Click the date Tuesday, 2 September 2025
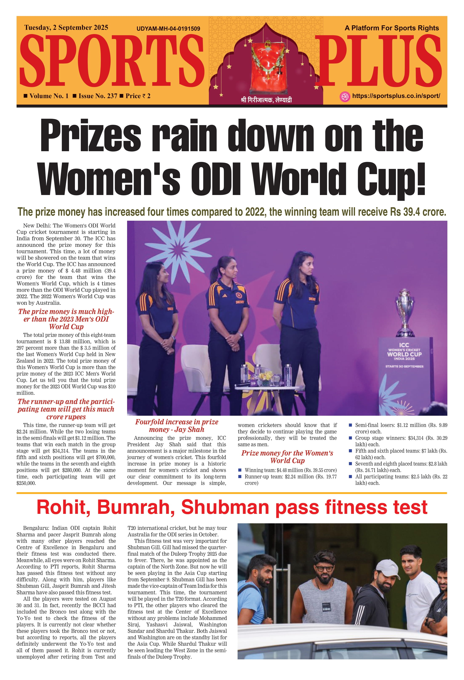coord(66,28)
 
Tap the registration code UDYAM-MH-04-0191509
coord(168,29)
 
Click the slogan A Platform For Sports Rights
coord(392,28)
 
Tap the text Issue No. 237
coord(98,96)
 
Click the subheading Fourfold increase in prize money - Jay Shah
coord(177,425)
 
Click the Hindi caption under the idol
coord(266,100)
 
